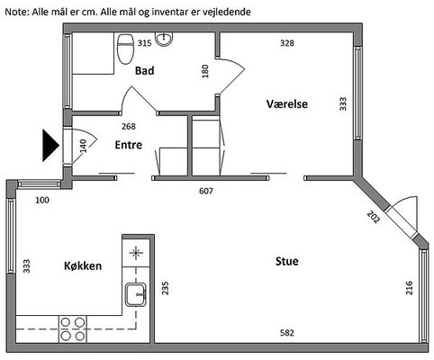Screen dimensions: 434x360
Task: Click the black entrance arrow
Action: click(x=50, y=146)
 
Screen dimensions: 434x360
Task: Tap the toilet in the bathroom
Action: click(x=125, y=49)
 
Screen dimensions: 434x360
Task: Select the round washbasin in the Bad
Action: click(x=164, y=40)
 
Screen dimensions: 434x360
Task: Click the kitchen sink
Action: click(x=136, y=294)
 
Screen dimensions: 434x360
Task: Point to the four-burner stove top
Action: click(x=72, y=329)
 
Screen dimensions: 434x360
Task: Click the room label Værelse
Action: click(x=287, y=104)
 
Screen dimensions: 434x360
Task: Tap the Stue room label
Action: click(x=287, y=261)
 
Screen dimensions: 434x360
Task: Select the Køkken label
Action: click(x=83, y=265)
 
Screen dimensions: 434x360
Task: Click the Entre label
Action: click(x=129, y=145)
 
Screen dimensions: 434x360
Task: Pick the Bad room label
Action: click(x=145, y=71)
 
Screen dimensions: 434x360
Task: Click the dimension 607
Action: click(x=206, y=191)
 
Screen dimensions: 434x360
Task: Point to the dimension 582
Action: click(x=287, y=333)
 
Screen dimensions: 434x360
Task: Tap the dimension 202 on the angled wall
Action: click(x=374, y=217)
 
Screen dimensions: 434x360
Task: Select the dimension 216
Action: click(x=409, y=288)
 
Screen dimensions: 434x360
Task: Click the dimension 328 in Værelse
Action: click(x=287, y=43)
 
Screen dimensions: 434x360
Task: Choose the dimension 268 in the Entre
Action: click(x=129, y=126)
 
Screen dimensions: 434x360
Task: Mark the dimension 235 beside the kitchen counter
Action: click(x=165, y=288)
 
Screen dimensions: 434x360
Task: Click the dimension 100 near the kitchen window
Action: click(x=42, y=200)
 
